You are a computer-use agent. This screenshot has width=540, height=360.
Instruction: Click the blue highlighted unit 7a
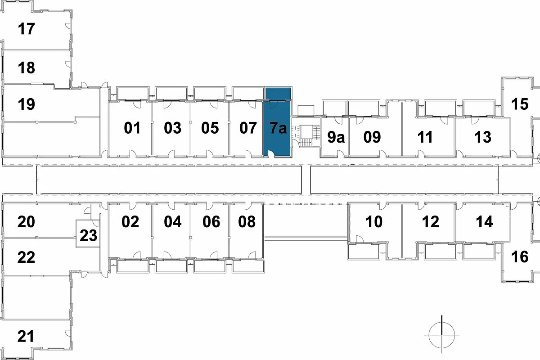(x=277, y=129)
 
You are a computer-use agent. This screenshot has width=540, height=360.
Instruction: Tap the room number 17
(x=26, y=29)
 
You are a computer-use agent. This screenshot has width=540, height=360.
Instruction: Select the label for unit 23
(x=89, y=236)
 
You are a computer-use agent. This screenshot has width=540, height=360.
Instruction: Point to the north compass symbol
(x=441, y=335)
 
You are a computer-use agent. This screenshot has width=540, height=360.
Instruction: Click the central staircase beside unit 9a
(x=306, y=136)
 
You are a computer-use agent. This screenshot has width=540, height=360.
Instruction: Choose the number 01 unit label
(x=132, y=128)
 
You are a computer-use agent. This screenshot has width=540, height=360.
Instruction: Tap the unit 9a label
(x=336, y=137)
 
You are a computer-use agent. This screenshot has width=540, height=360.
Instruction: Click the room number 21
(x=26, y=336)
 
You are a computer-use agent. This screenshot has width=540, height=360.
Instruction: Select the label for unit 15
(x=520, y=104)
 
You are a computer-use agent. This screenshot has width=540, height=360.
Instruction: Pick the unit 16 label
(x=520, y=257)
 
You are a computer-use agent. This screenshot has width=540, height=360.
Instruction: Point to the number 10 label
(x=374, y=221)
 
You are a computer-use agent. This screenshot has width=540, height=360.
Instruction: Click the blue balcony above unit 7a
(x=278, y=93)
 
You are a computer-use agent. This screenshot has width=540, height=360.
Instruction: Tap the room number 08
(x=247, y=221)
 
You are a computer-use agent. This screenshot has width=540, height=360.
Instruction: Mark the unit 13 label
(x=483, y=137)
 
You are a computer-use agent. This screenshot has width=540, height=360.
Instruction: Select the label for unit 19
(x=26, y=104)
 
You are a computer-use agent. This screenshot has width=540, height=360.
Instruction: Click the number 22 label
(x=26, y=257)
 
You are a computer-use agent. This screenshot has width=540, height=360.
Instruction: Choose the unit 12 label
(x=431, y=221)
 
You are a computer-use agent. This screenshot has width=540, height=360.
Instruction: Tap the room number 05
(x=210, y=128)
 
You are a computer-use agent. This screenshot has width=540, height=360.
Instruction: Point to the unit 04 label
(x=173, y=221)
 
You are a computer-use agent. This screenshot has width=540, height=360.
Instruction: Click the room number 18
(x=26, y=67)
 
